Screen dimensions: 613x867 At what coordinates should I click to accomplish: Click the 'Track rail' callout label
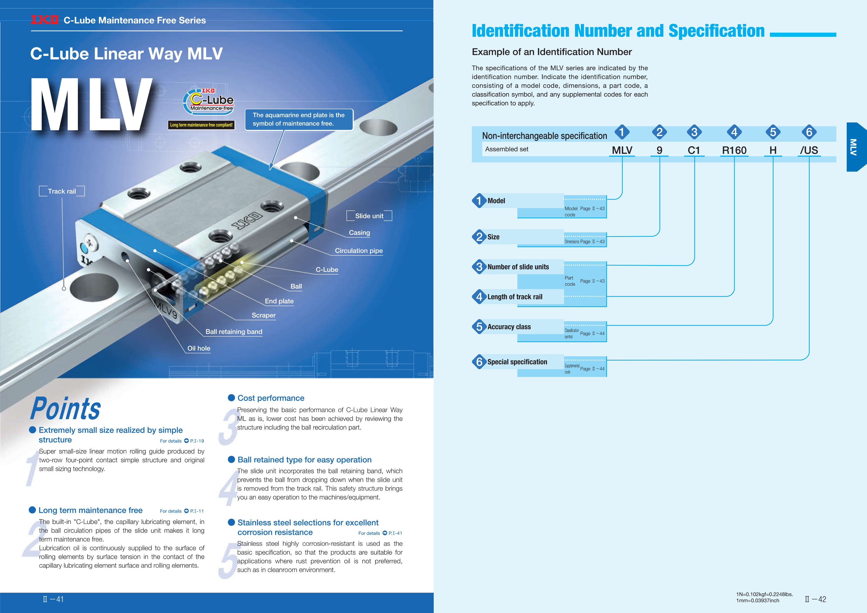tap(62, 191)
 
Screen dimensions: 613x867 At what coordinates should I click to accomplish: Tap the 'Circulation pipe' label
tap(359, 251)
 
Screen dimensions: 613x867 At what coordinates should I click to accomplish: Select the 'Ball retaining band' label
tap(234, 332)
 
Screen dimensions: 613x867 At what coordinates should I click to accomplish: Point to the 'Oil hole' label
tap(199, 348)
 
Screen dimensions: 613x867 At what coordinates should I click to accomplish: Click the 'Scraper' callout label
tap(264, 315)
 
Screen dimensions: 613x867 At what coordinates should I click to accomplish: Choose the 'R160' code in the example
tap(734, 150)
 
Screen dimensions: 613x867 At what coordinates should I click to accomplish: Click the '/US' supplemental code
tap(809, 150)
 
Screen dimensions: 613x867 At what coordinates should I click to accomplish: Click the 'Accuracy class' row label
tap(509, 327)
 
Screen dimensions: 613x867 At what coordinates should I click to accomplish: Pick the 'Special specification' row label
tap(517, 362)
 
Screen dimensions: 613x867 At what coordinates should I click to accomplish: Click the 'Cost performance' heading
tap(271, 398)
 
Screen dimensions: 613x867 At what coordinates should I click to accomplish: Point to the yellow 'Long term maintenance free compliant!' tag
tap(201, 125)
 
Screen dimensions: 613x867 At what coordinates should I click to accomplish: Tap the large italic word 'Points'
tap(66, 409)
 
